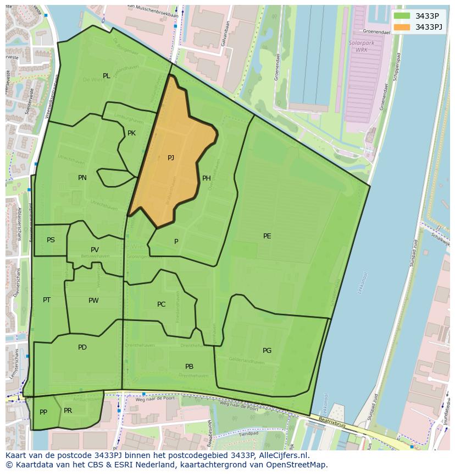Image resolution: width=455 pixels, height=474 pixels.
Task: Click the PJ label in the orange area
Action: tap(171, 158)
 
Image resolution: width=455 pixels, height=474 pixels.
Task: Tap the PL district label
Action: tap(107, 76)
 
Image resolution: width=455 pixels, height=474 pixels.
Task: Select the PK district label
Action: tap(131, 133)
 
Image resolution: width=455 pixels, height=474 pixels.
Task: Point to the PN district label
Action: tap(82, 178)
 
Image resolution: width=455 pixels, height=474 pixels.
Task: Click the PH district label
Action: tap(207, 178)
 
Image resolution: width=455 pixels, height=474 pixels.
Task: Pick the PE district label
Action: tap(267, 236)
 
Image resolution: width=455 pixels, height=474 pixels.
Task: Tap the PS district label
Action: tap(51, 240)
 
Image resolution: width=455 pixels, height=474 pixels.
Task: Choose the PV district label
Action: tap(95, 250)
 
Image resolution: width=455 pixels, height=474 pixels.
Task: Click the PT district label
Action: tap(47, 300)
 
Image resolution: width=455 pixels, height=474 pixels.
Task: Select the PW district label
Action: tap(93, 301)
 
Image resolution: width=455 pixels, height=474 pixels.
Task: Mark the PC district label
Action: tap(161, 304)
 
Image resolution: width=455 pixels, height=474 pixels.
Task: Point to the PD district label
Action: tap(82, 347)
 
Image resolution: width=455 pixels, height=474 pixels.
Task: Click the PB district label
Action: tap(189, 367)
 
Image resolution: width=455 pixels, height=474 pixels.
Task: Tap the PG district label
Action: tap(267, 351)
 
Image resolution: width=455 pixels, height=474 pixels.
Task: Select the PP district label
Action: tap(43, 412)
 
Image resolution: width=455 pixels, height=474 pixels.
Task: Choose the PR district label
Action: tap(68, 411)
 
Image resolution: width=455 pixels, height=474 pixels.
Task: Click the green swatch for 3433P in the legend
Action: tap(402, 16)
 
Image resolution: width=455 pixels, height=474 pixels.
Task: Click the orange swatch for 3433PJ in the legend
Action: tap(402, 27)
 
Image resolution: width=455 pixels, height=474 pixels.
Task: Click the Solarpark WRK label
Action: tap(358, 46)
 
